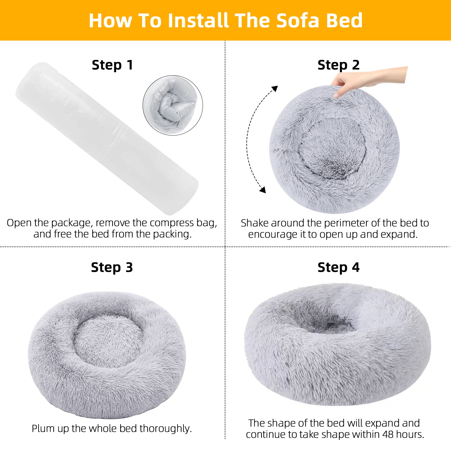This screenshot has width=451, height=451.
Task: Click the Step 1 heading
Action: [112, 65]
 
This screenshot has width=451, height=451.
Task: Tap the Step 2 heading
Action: [339, 65]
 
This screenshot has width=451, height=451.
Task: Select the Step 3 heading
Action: [112, 267]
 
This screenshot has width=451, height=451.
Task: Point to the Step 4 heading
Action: [339, 267]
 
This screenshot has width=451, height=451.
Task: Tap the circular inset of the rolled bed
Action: [173, 105]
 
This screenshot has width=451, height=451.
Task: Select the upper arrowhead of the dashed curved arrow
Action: [274, 89]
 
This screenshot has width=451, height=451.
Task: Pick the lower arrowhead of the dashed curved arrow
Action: [263, 190]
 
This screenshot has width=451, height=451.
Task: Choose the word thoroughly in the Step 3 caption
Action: [165, 429]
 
